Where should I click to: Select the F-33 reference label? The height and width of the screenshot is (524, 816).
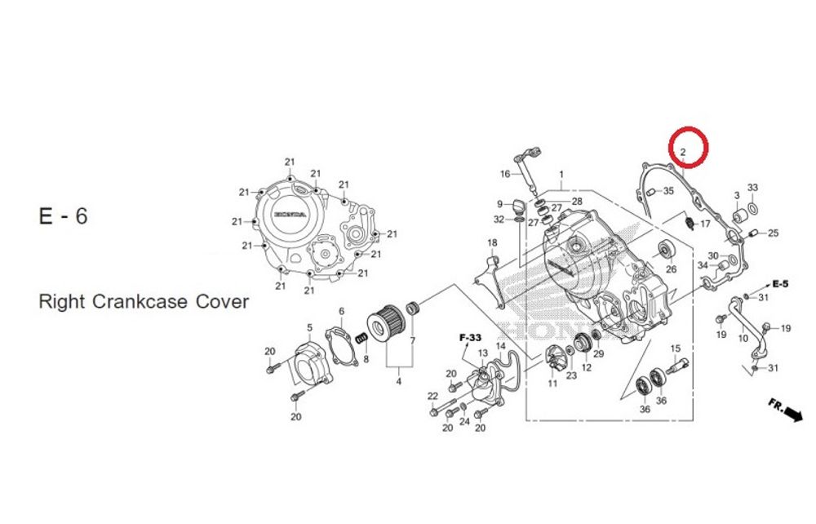(470, 337)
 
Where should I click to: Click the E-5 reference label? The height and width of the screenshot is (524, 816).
(779, 284)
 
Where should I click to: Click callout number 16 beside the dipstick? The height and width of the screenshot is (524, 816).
(505, 174)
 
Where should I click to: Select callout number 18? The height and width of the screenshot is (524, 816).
(492, 243)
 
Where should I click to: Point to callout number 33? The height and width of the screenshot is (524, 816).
(752, 188)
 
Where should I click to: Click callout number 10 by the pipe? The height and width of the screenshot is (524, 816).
(743, 338)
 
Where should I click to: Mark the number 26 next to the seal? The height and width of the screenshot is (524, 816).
(671, 269)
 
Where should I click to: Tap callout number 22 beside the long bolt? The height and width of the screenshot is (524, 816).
(432, 397)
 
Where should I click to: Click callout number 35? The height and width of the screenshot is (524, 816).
(668, 191)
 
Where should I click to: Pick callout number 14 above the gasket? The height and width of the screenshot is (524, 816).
(501, 346)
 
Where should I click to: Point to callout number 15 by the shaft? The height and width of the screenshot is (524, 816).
(675, 349)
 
